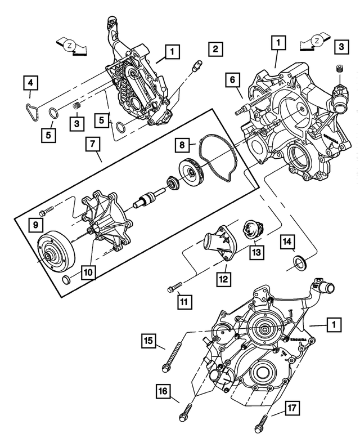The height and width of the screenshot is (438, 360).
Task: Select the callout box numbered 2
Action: [214, 49]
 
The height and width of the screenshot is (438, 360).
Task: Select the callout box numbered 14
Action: [287, 242]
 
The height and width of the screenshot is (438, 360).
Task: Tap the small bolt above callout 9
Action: [47, 209]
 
